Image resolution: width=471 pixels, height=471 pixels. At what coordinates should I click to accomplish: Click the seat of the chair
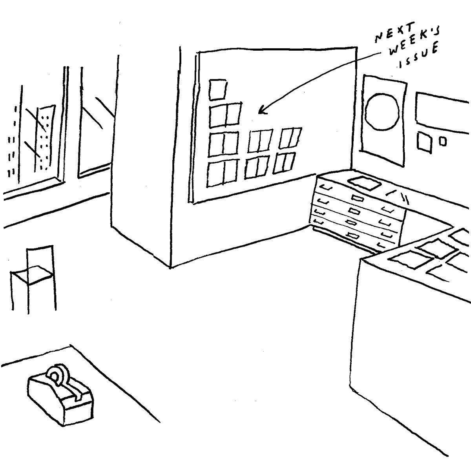click(x=31, y=273)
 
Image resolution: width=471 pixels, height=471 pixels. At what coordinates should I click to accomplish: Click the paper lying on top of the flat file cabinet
click(x=364, y=182)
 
